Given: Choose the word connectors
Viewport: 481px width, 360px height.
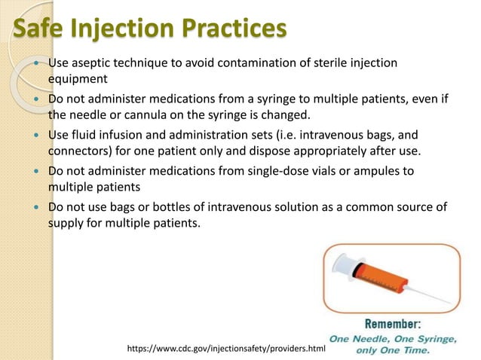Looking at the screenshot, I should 78,149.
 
